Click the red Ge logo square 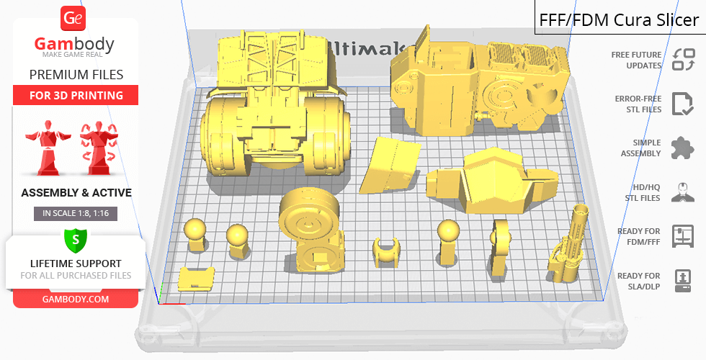pos(73,19)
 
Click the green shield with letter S pos(76,240)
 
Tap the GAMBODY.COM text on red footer pos(76,300)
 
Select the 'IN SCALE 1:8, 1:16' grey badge pos(76,213)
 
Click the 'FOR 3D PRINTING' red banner pos(76,95)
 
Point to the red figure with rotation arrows pos(99,148)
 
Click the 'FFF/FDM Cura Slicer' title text pos(619,20)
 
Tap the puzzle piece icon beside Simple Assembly pos(682,148)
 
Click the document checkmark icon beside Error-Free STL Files pos(682,104)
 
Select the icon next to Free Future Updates pos(683,60)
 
